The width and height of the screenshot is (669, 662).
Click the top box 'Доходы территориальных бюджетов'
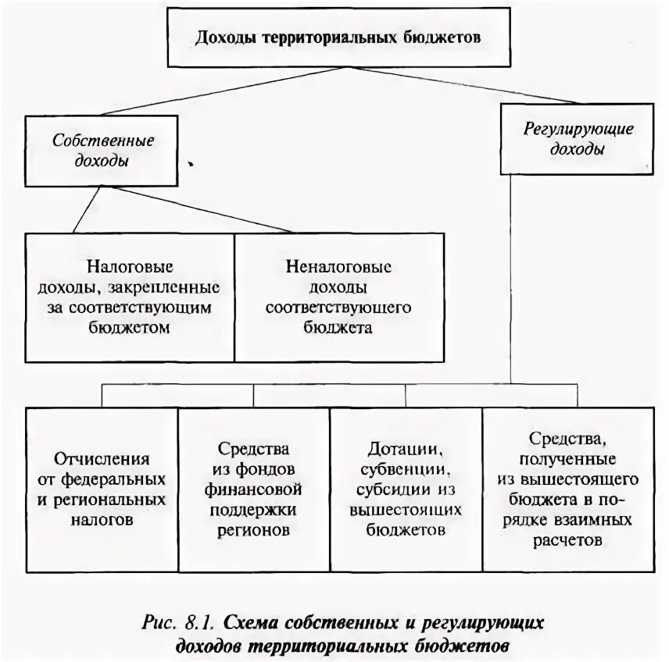coord(338,38)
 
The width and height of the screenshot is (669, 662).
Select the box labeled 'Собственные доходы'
coord(103,149)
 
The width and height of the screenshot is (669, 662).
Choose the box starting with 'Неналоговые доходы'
coord(338,297)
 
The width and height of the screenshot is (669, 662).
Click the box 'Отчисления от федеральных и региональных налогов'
coord(102,488)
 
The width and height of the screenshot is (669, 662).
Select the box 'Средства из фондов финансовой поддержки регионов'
coord(254,488)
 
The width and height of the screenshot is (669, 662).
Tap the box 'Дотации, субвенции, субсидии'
coord(406,488)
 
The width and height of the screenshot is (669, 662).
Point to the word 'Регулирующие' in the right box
coord(578,128)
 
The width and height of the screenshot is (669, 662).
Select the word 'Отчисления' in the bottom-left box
coord(102,458)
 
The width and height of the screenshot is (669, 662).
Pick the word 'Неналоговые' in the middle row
coord(338,267)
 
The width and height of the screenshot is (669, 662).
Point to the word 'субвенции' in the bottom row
coord(405,472)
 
